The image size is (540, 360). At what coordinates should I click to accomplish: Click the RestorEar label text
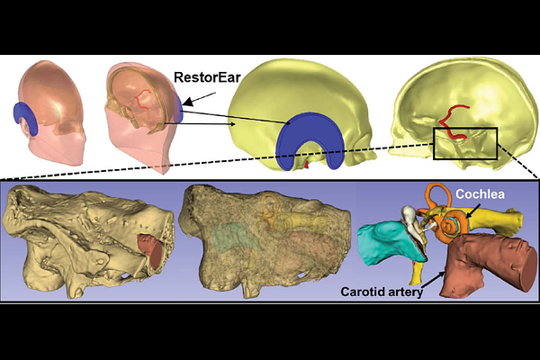(207, 77)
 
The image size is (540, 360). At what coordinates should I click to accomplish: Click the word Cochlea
(480, 194)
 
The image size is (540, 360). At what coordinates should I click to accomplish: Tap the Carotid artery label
(382, 292)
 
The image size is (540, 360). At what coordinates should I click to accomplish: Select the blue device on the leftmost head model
(26, 117)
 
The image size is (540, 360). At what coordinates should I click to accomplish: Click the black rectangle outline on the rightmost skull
(465, 128)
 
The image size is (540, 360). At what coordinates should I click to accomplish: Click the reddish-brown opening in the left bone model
(151, 250)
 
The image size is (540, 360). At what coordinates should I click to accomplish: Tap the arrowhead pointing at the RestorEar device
(187, 102)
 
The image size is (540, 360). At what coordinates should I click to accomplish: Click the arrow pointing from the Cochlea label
(472, 210)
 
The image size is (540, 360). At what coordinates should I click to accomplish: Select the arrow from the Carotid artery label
(433, 280)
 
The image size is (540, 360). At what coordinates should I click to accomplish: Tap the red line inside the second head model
(142, 100)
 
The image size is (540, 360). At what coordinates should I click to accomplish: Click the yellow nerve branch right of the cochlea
(496, 220)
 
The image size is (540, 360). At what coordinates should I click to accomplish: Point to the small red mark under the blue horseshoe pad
(307, 166)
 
